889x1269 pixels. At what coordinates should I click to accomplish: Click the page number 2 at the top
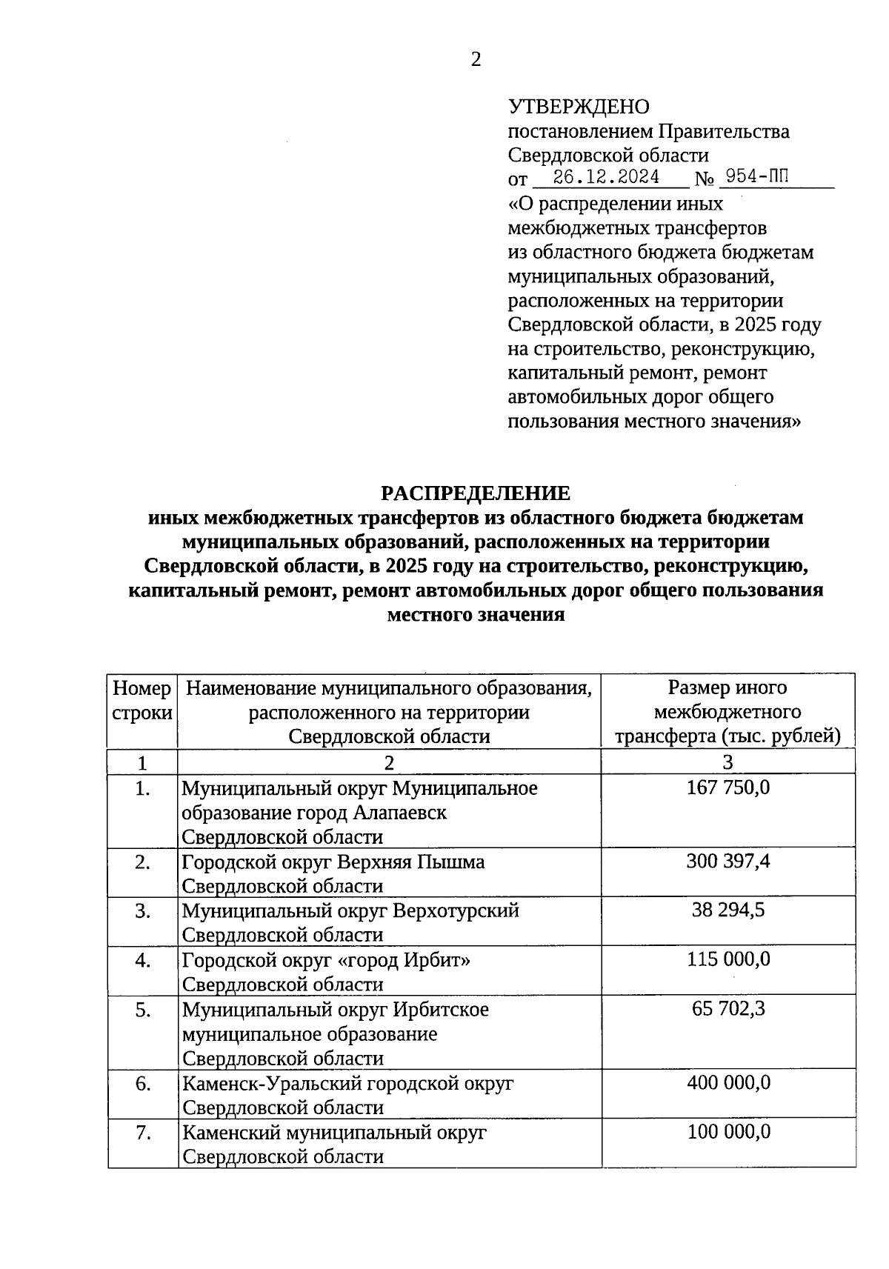point(476,60)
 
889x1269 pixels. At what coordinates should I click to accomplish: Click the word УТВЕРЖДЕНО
point(579,107)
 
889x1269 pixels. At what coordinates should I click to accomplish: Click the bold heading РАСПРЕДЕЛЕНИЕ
point(476,493)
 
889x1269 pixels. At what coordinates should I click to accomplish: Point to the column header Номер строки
point(142,701)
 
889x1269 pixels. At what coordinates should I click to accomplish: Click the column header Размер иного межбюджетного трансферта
point(727,712)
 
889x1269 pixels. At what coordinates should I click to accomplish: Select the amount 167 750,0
point(727,787)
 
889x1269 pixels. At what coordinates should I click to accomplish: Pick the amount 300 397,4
point(727,862)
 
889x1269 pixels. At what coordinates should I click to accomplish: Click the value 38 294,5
point(727,910)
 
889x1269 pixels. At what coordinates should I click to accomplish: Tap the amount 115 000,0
point(727,960)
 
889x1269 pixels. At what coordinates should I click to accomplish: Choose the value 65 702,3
point(727,1009)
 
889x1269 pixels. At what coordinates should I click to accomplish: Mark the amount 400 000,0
point(727,1083)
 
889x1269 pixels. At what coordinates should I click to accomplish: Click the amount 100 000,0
point(727,1132)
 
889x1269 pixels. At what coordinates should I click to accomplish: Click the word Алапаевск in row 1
point(400,813)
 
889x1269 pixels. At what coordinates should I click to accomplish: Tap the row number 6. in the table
point(143,1084)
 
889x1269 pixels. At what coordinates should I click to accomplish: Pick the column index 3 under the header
point(727,762)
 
